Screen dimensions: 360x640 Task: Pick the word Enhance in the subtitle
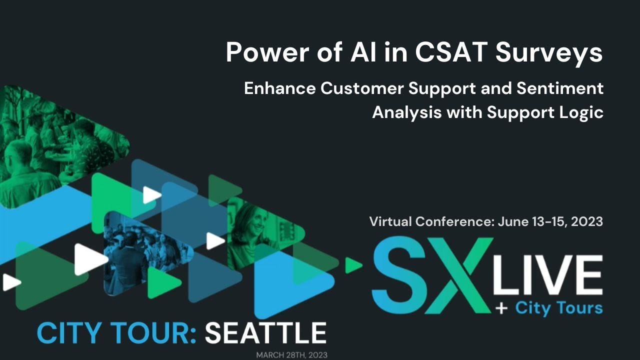(x=279, y=88)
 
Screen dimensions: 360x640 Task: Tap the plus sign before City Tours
(x=501, y=308)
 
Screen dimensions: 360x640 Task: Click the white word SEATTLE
(x=265, y=333)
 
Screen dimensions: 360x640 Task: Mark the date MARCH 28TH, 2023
(x=291, y=355)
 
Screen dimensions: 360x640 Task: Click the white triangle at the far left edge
(x=10, y=282)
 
